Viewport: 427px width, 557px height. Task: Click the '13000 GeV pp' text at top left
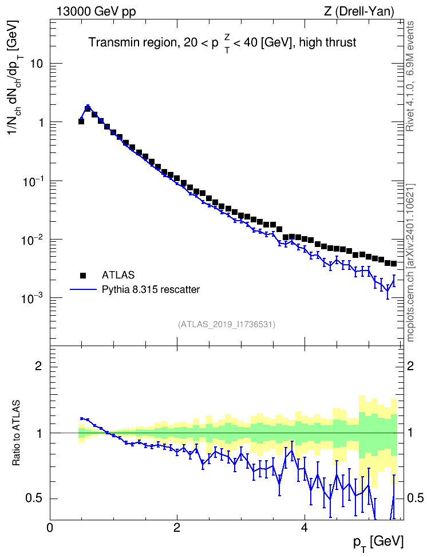click(x=96, y=12)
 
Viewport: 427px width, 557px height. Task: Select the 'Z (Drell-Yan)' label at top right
click(x=359, y=11)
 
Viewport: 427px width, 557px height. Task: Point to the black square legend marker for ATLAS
click(x=83, y=275)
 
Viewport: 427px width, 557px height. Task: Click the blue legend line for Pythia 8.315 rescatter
click(x=83, y=289)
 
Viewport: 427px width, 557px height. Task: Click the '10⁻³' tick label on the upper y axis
click(x=31, y=297)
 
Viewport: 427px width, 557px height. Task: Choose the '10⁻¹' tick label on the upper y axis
click(x=31, y=181)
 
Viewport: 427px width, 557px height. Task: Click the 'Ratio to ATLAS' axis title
click(x=17, y=433)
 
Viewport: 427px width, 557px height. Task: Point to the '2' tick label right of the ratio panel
click(x=410, y=366)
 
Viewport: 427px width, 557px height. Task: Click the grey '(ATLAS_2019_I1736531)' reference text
click(x=227, y=324)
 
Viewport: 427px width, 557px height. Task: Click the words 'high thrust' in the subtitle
click(x=327, y=42)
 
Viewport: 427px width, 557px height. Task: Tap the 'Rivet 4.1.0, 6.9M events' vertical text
click(x=410, y=76)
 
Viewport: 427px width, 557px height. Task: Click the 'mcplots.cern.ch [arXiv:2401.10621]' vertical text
click(x=410, y=263)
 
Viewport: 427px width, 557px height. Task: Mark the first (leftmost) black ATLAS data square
click(x=81, y=121)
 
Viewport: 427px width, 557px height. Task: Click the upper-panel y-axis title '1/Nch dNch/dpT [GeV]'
click(x=14, y=76)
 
